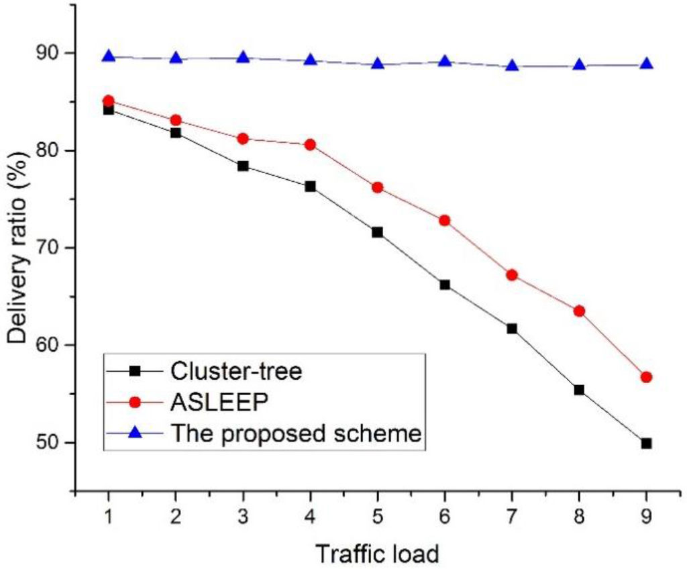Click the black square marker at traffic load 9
click(x=646, y=443)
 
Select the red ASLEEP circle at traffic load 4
click(x=310, y=144)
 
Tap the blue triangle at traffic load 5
click(x=377, y=64)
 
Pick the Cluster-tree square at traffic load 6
click(x=444, y=284)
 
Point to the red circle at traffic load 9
click(x=646, y=377)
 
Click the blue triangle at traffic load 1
click(x=108, y=56)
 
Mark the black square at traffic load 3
click(x=243, y=166)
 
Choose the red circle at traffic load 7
click(x=512, y=274)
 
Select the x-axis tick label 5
click(x=377, y=518)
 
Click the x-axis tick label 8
click(x=579, y=518)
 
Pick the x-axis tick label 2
click(x=176, y=518)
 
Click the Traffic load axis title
click(x=378, y=554)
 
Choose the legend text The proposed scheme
click(x=296, y=433)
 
